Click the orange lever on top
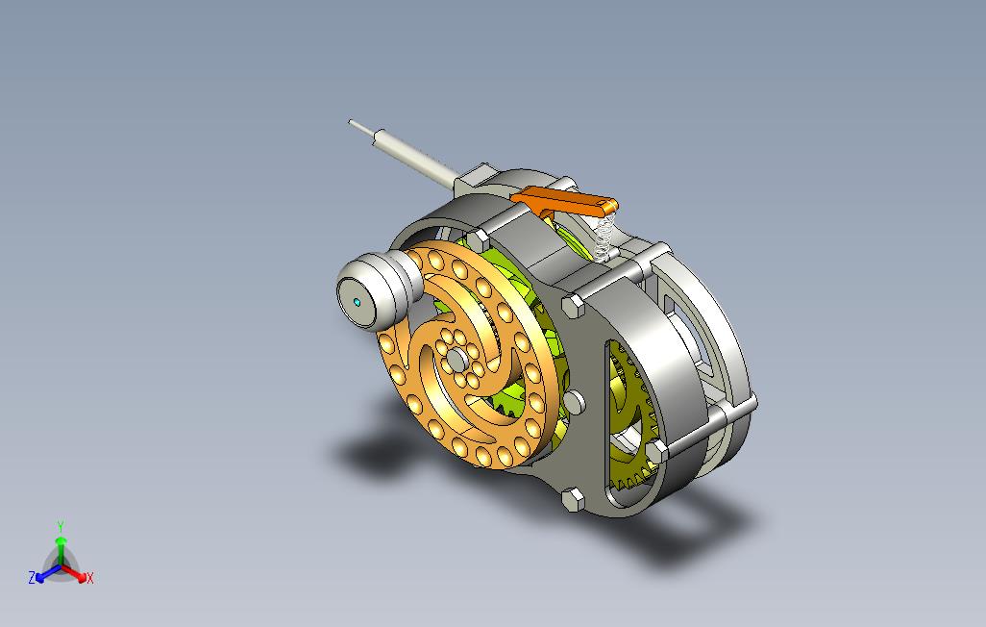click(565, 202)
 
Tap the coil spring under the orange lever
click(604, 237)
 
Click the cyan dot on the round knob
click(357, 303)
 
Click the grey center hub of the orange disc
click(456, 360)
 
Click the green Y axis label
click(61, 526)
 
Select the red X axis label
click(90, 578)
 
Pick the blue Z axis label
click(32, 577)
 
